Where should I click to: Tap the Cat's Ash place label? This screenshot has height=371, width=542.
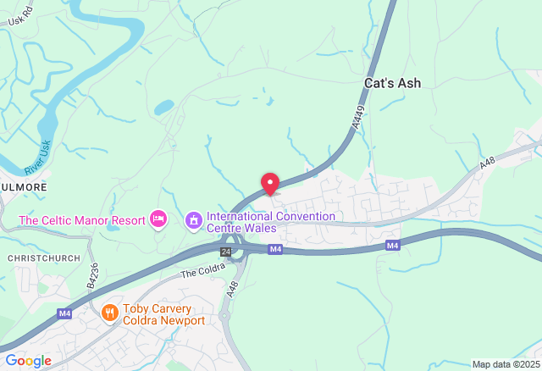(x=392, y=83)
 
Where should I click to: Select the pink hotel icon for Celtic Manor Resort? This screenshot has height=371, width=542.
(x=158, y=220)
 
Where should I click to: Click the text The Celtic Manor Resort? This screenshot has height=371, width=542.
(x=82, y=221)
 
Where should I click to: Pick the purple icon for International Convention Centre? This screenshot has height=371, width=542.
(x=194, y=220)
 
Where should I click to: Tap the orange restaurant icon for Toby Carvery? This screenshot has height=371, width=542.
(x=109, y=313)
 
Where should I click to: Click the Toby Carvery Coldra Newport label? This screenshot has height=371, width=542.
(x=163, y=314)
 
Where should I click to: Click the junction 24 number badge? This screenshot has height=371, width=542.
(x=225, y=252)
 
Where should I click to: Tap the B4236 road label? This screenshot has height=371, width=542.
(x=93, y=275)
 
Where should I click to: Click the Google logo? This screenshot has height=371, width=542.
(x=29, y=361)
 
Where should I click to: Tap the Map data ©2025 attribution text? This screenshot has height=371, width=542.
(x=506, y=364)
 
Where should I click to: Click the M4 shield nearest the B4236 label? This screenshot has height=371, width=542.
(x=64, y=313)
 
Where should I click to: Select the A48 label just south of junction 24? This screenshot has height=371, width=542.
(x=233, y=288)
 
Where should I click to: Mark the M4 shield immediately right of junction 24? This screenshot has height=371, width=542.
(x=275, y=249)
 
